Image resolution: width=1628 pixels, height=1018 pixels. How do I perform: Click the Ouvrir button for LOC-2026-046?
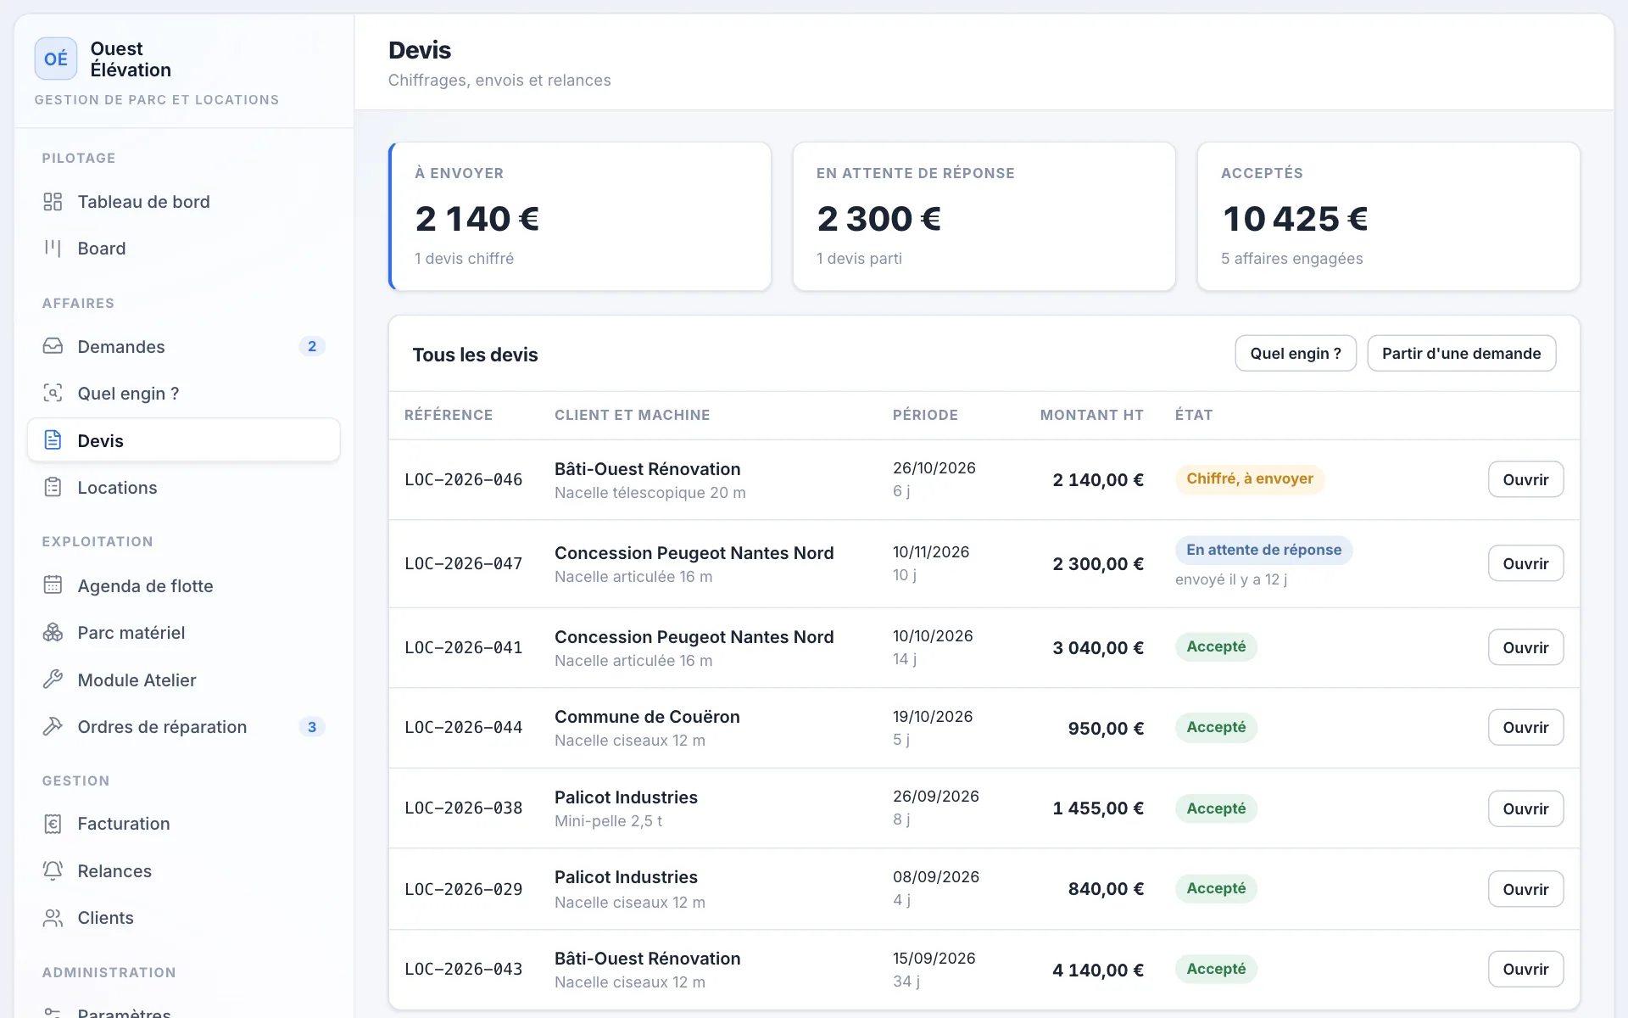tap(1525, 479)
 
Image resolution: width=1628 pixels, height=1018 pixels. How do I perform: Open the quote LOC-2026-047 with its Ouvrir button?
tap(1525, 563)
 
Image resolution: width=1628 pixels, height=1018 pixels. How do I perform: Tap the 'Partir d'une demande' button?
tap(1461, 354)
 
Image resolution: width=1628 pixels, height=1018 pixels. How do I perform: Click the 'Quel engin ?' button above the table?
tap(1296, 354)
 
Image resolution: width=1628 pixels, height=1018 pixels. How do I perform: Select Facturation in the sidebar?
tap(123, 824)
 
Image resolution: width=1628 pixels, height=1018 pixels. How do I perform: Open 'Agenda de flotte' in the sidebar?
tap(145, 586)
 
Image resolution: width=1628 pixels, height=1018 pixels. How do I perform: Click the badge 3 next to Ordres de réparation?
tap(312, 727)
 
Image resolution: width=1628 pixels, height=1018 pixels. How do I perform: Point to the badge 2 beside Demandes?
tap(312, 346)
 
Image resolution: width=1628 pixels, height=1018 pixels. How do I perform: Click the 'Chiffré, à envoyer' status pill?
tap(1249, 479)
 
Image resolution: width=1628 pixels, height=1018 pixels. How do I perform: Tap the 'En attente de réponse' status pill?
tap(1263, 550)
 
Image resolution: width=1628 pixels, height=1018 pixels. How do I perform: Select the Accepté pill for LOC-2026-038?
tap(1216, 808)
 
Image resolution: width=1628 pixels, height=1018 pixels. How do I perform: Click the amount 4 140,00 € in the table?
tap(1098, 970)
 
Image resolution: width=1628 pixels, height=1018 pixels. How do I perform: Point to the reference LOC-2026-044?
tap(463, 728)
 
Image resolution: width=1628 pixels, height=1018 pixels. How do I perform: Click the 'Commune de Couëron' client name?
tap(647, 717)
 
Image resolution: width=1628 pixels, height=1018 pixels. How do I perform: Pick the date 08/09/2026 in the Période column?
tap(936, 876)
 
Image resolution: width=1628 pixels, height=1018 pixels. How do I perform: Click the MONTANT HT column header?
tap(1091, 415)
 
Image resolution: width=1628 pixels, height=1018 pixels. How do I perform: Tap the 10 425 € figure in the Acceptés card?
tap(1295, 219)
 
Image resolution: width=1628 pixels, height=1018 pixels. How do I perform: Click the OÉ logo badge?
tap(56, 59)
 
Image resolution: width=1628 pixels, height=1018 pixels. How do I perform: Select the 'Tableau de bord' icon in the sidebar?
tap(53, 202)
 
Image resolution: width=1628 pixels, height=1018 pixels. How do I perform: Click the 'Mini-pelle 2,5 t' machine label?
tap(608, 821)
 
